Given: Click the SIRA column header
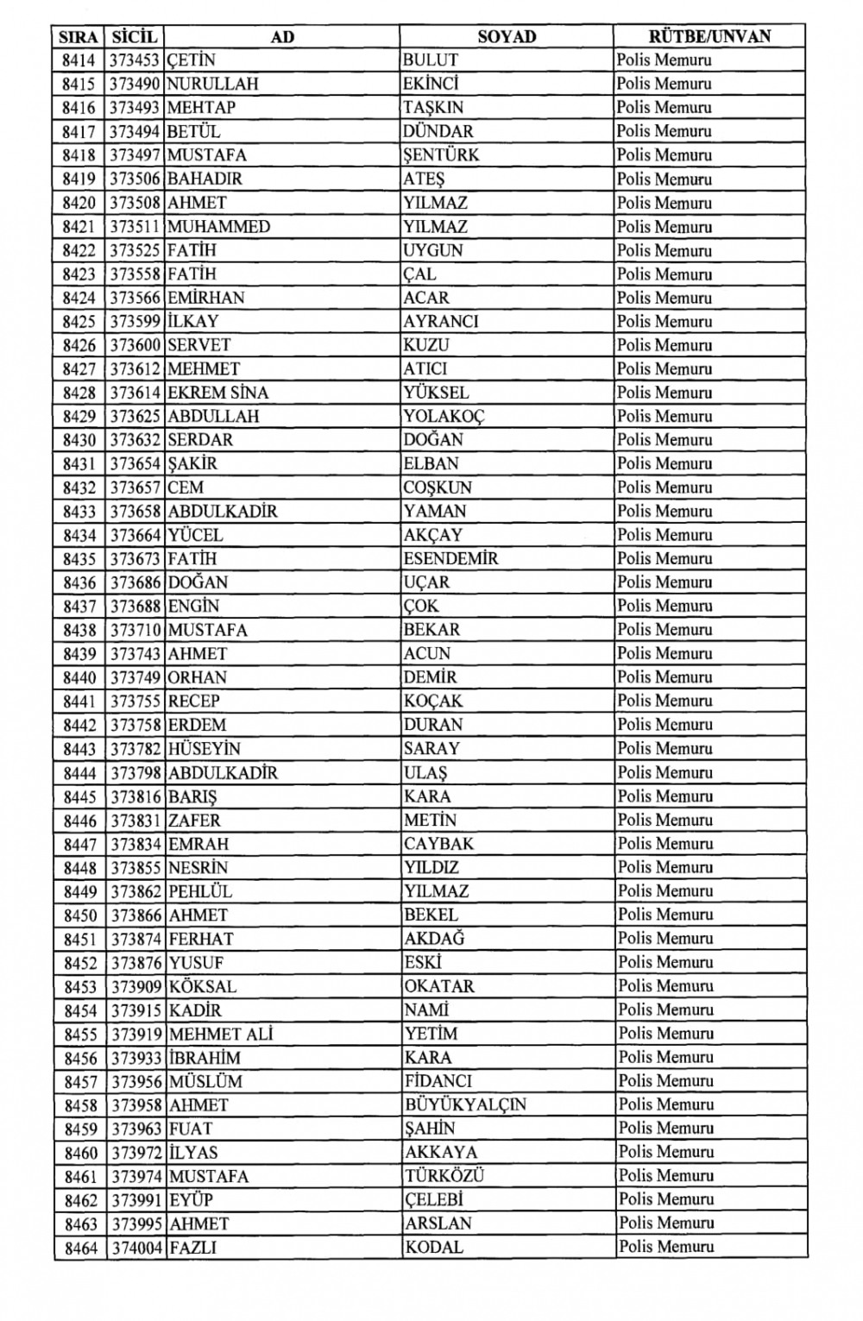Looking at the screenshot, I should pos(79,37).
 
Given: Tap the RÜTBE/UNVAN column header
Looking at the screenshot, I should pos(709,36).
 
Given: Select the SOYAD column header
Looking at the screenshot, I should pos(507,36).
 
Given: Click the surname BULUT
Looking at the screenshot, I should pos(430,60).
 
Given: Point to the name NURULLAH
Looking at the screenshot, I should pos(212,84).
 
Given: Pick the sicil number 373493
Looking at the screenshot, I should pos(135,108).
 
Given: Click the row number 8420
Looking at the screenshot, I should pos(80,203).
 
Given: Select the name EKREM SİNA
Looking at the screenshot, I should pos(218,393).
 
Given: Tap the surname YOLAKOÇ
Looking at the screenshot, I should pos(444,416).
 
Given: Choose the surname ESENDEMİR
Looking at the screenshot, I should pos(450,558).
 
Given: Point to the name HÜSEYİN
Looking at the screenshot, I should pos(205,749).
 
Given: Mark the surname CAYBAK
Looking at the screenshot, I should pos(438,844).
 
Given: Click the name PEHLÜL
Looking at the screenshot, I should pos(200,891).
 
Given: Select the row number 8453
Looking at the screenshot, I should pos(81,986).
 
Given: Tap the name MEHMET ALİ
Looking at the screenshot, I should pos(221,1034).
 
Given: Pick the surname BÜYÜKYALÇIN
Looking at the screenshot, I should pos(465,1104).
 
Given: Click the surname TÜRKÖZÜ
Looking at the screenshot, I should pos(444,1176).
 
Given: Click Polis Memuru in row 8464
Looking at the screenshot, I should pos(665,1247).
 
